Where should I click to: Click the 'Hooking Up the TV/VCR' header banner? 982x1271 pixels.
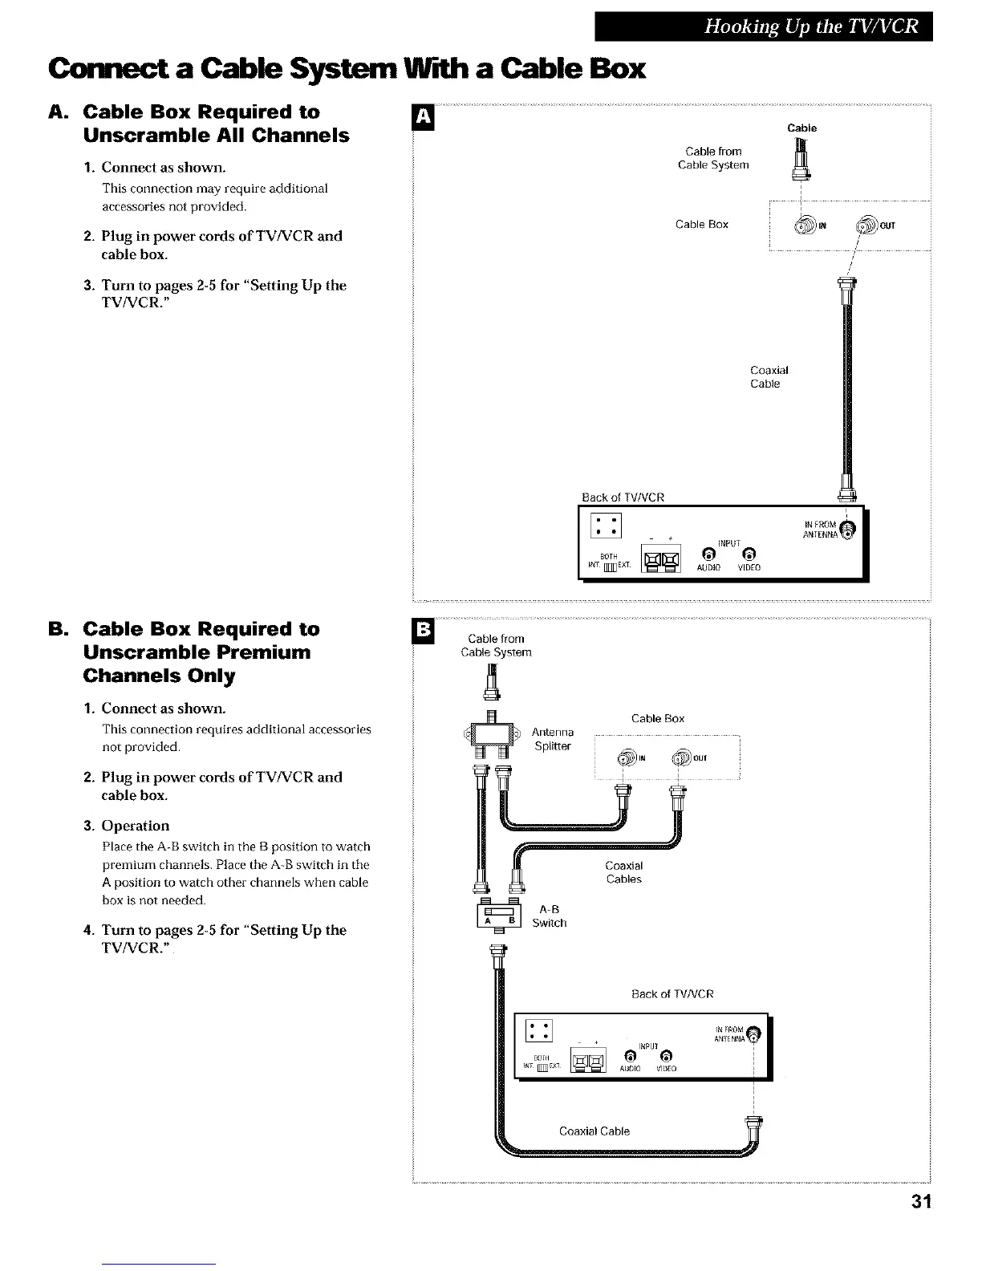click(x=763, y=26)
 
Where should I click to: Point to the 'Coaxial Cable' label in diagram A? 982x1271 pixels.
click(x=769, y=377)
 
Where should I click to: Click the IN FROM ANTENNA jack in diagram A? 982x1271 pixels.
click(x=850, y=529)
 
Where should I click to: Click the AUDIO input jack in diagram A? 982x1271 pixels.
click(x=708, y=554)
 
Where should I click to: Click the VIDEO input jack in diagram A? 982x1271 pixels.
click(x=748, y=554)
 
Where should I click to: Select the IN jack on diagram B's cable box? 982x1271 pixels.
click(x=627, y=758)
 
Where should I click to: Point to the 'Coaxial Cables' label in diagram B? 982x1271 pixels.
click(x=623, y=872)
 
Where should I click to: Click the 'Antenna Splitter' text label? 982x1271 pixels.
click(x=553, y=739)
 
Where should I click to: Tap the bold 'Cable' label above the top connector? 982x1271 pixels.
click(x=801, y=128)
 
